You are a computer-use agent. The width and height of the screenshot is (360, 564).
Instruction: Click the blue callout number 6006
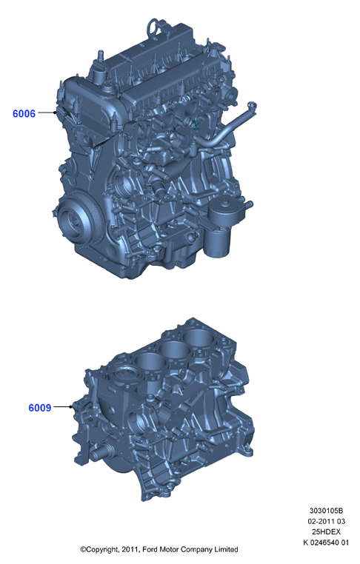tap(24, 114)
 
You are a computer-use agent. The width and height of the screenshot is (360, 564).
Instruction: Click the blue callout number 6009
tap(39, 408)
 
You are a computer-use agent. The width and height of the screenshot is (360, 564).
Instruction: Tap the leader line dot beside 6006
tap(55, 113)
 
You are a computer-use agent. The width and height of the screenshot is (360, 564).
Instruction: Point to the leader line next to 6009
tap(63, 407)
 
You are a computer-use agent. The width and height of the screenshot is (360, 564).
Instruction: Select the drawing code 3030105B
tap(326, 511)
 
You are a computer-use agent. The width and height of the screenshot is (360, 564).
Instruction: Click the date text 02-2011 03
tap(326, 521)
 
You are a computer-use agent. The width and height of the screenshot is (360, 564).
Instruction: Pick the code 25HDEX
tap(326, 531)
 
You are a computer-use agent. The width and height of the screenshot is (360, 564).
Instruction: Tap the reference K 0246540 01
tap(326, 543)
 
